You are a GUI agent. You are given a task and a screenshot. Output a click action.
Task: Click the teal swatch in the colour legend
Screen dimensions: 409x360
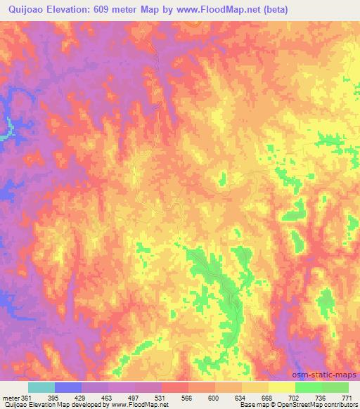coord(41,387)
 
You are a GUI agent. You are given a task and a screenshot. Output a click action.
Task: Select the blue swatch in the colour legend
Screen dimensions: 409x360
coord(68,387)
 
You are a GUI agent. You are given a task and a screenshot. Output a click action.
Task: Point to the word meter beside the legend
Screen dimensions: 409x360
coord(9,398)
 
